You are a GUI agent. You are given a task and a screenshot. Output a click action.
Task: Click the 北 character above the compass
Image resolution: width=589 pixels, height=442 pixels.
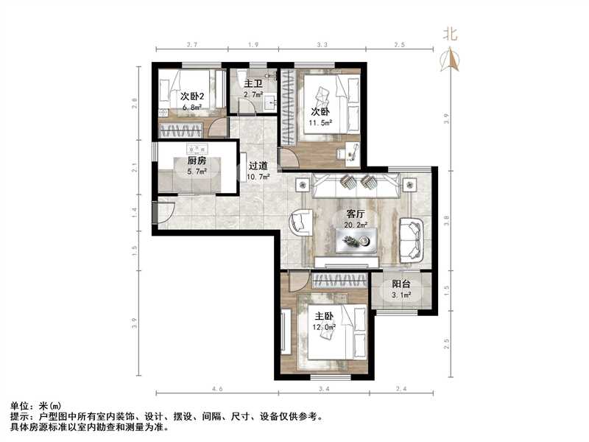450,33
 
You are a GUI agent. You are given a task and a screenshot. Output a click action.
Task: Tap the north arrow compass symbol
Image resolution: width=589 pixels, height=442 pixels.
451,59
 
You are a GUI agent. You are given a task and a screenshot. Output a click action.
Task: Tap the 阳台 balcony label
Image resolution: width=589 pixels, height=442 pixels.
401,284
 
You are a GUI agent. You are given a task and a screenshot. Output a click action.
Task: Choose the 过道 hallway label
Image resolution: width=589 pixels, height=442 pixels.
258,166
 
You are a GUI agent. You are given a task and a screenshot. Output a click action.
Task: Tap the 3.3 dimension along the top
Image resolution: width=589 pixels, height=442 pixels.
322,46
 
